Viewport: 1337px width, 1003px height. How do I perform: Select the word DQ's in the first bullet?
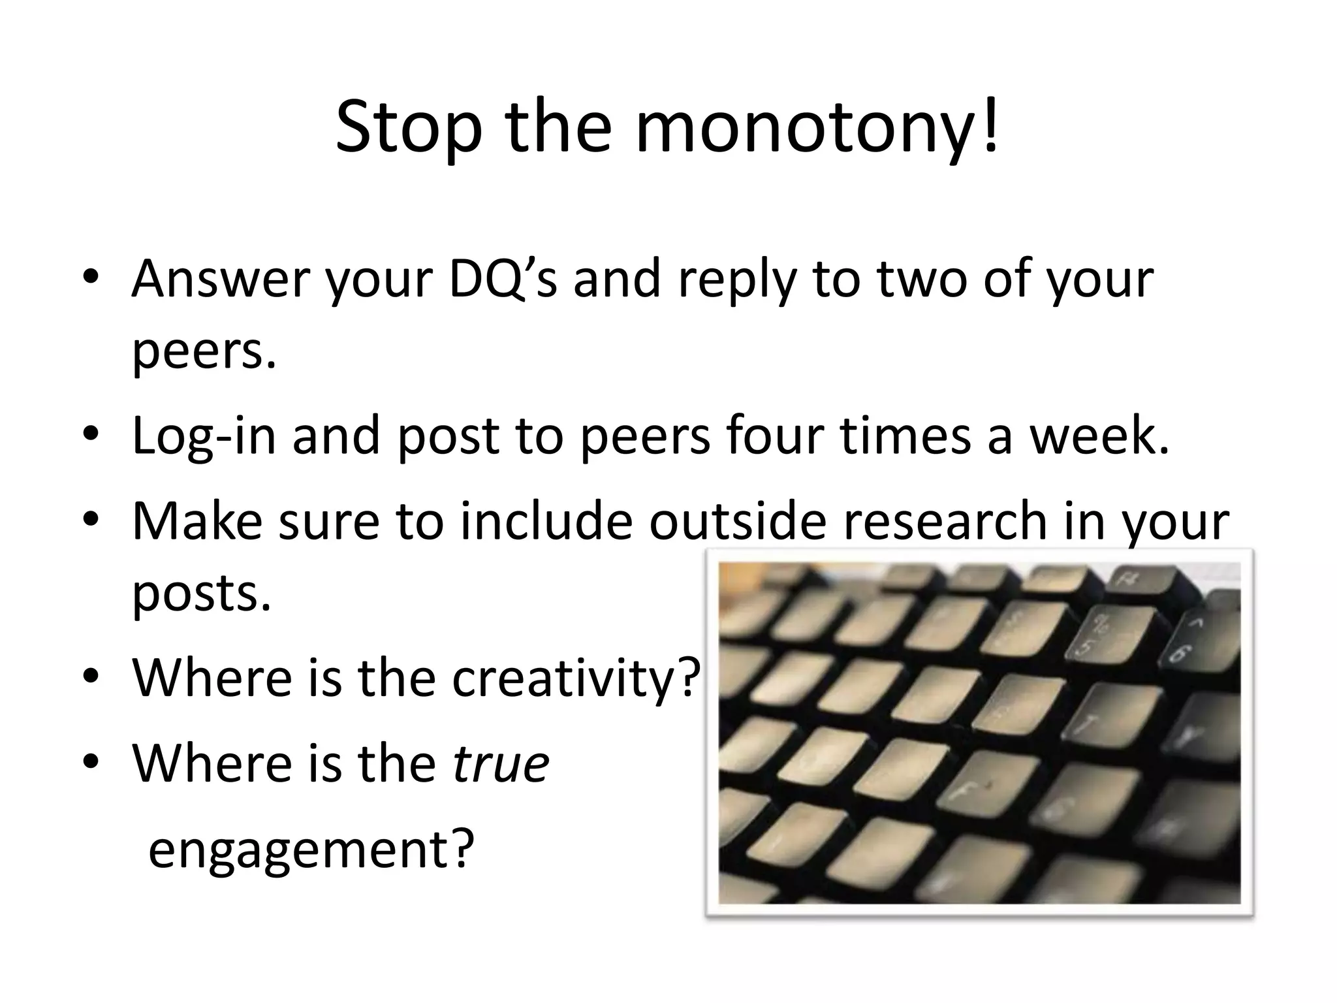coord(503,279)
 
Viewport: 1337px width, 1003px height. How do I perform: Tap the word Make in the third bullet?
coord(197,520)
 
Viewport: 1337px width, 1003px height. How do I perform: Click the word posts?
coord(201,593)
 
